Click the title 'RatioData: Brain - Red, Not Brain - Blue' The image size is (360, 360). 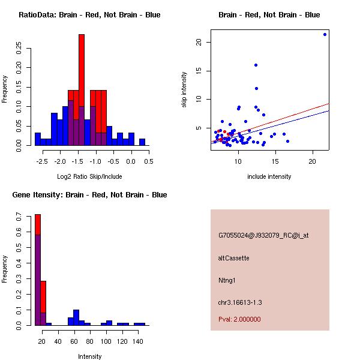click(89, 15)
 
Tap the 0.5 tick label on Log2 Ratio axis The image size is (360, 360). click(148, 161)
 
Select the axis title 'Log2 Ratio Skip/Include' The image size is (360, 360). click(89, 177)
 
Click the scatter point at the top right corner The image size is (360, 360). click(325, 34)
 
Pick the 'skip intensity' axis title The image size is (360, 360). click(184, 90)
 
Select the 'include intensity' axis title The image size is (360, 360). click(269, 177)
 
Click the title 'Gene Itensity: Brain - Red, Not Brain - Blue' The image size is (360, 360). click(90, 195)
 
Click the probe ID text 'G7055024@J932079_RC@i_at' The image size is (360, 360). click(257, 236)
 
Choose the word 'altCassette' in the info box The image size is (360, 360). click(233, 258)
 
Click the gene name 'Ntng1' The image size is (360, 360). click(227, 280)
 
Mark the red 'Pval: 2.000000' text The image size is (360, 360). click(239, 319)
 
